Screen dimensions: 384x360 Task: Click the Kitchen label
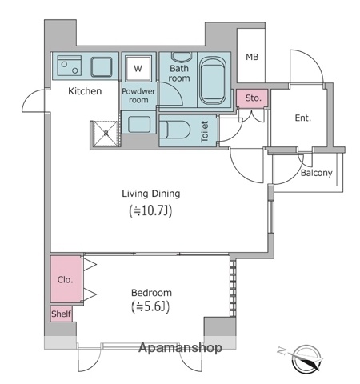pyautogui.click(x=84, y=91)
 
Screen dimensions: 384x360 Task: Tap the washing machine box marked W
pyautogui.click(x=138, y=68)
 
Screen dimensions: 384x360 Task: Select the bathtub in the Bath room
pyautogui.click(x=214, y=80)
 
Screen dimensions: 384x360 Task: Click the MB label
pyautogui.click(x=252, y=57)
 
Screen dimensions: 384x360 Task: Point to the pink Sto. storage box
pyautogui.click(x=254, y=98)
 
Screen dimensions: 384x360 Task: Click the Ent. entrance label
pyautogui.click(x=302, y=118)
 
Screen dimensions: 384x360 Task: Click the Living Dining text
pyautogui.click(x=150, y=193)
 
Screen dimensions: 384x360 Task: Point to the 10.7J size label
pyautogui.click(x=150, y=211)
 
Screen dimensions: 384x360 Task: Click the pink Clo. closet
pyautogui.click(x=66, y=280)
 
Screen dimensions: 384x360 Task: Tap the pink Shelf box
pyautogui.click(x=62, y=314)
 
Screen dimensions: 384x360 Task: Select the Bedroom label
pyautogui.click(x=150, y=292)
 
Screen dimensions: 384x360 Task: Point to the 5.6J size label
pyautogui.click(x=150, y=307)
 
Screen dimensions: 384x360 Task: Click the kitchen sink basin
pyautogui.click(x=102, y=66)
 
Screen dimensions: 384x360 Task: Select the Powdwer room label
pyautogui.click(x=138, y=96)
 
